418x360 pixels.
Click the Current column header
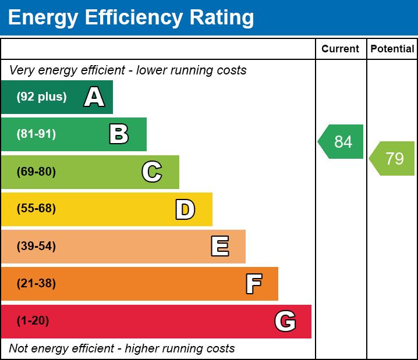click(340, 49)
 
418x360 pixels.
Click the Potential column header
click(392, 49)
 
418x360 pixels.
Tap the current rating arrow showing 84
click(341, 142)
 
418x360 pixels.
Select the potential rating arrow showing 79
click(392, 158)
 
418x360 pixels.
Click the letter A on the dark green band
click(94, 97)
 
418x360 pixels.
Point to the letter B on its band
click(119, 134)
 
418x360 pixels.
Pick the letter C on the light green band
click(152, 172)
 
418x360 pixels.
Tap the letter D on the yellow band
click(185, 209)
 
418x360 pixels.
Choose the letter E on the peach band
click(220, 246)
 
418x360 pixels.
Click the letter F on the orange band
click(254, 284)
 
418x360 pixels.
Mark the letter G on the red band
click(285, 321)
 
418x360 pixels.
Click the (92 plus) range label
click(41, 97)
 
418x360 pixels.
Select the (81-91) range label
click(36, 134)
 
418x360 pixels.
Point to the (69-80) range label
click(36, 172)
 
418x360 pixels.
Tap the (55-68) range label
click(36, 208)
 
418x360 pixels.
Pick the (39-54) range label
click(36, 246)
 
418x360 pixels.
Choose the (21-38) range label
click(36, 283)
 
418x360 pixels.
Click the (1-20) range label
click(33, 320)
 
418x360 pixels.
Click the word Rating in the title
click(222, 18)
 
